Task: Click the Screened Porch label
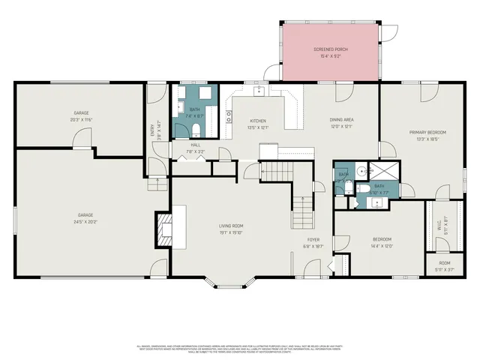pyautogui.click(x=331, y=49)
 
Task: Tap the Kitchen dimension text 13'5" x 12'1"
pyautogui.click(x=258, y=127)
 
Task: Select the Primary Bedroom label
pyautogui.click(x=427, y=132)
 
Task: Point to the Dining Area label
pyautogui.click(x=342, y=120)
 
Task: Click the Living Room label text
pyautogui.click(x=232, y=225)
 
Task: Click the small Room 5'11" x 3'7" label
pyautogui.click(x=445, y=263)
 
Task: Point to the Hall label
pyautogui.click(x=195, y=145)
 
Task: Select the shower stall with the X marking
pyautogui.click(x=388, y=172)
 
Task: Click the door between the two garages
pyautogui.click(x=79, y=140)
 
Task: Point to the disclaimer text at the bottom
pyautogui.click(x=240, y=350)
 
